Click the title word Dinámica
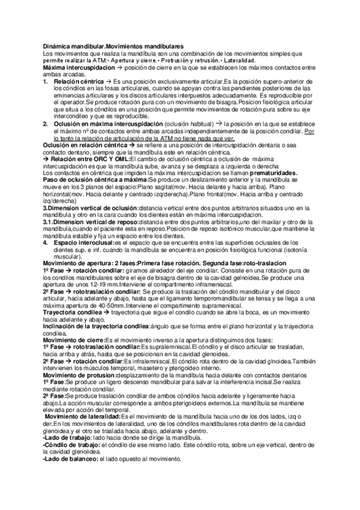tap(58, 46)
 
